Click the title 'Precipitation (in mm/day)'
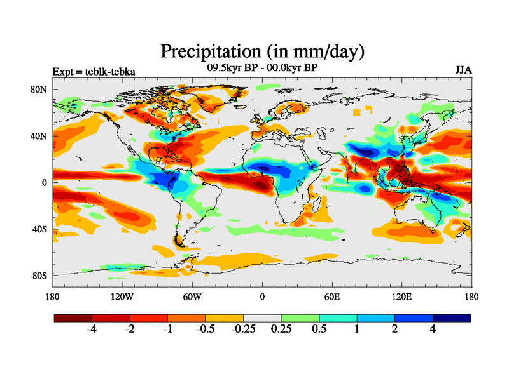[261, 50]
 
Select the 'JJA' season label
[463, 70]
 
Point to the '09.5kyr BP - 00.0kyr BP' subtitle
[261, 66]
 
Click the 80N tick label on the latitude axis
[39, 90]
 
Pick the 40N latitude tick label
[39, 136]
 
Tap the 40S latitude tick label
[39, 229]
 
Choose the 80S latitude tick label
[39, 275]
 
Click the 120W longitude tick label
[122, 297]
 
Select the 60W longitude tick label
[192, 297]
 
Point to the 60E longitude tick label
[331, 297]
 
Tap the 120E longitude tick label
[401, 297]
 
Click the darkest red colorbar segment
[73, 317]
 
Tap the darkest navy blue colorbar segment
[452, 317]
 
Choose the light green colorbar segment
[300, 317]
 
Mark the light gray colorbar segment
[262, 317]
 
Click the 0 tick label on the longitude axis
[262, 297]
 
